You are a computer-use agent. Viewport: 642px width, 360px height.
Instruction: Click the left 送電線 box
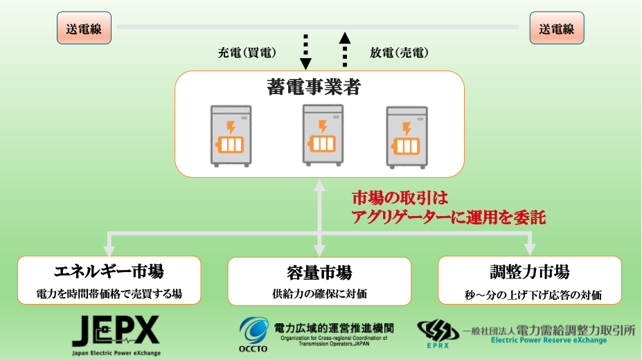[84, 30]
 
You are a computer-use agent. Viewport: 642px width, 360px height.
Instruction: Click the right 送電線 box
[557, 30]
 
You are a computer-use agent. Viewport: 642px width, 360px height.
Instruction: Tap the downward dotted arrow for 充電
[305, 53]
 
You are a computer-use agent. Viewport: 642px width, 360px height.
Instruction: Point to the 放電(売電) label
[398, 53]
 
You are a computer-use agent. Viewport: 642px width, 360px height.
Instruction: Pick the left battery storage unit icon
[231, 136]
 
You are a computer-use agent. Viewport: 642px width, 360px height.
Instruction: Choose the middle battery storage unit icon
[323, 135]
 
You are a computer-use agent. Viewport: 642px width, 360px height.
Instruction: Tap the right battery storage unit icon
[407, 136]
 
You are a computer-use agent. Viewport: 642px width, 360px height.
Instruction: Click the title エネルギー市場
[109, 271]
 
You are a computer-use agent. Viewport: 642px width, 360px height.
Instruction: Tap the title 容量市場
[319, 271]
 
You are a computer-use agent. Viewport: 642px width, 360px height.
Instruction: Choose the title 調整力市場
[530, 271]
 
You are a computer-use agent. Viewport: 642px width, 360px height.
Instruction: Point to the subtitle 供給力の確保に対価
[319, 294]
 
